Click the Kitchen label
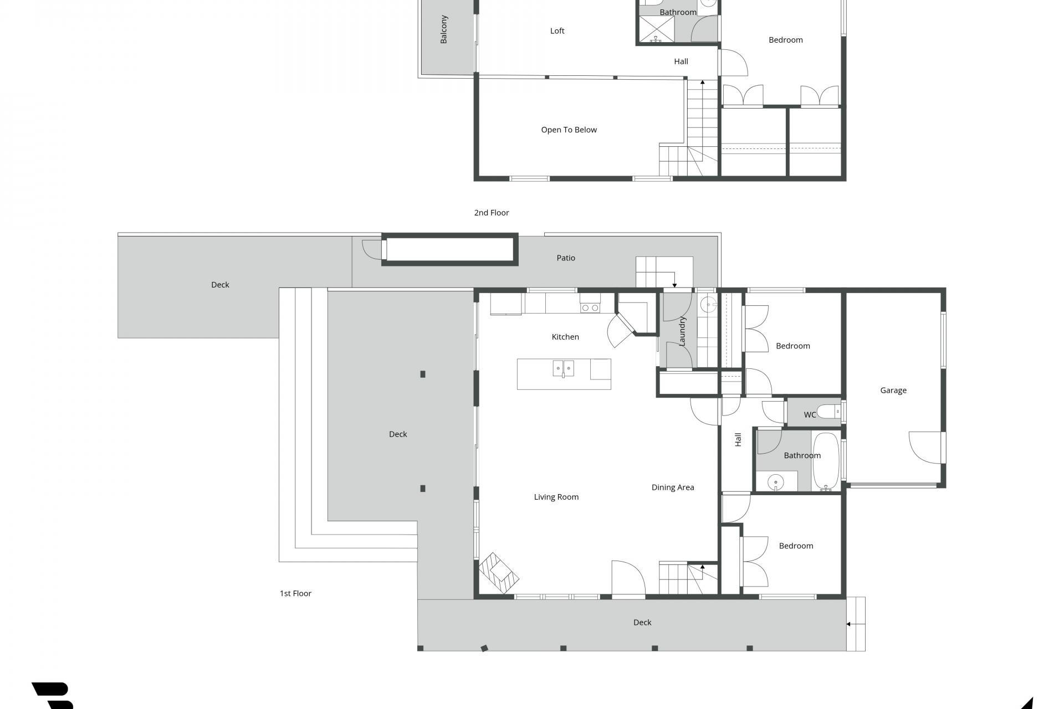(565, 337)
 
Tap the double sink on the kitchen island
(563, 368)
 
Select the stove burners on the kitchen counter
(590, 307)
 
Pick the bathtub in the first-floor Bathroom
(826, 461)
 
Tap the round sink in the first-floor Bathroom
(776, 482)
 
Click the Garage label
(893, 391)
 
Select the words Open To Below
(569, 130)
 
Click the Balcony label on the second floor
(444, 29)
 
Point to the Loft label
(557, 31)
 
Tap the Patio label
(566, 258)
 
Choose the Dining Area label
(673, 488)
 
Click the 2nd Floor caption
(492, 213)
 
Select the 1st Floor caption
(295, 594)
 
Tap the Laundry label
(682, 331)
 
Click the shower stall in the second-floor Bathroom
(657, 28)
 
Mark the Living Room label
(556, 497)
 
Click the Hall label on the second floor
(681, 61)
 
